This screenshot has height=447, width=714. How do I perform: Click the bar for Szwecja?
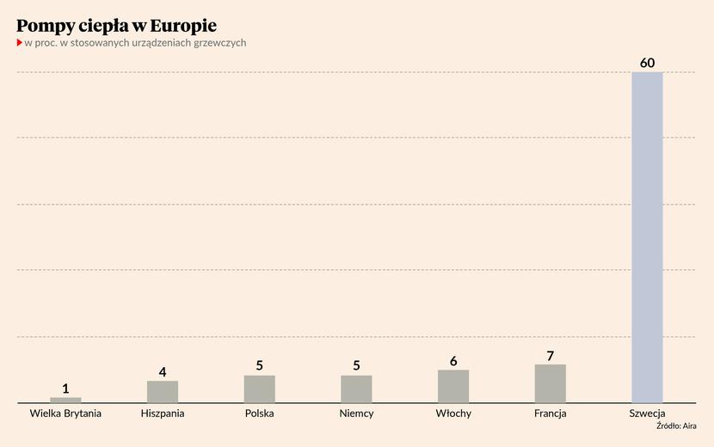coord(647,236)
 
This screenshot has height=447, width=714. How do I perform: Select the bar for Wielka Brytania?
coord(65,400)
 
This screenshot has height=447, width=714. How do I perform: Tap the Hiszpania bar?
coord(163,391)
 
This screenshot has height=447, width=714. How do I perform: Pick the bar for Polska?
coord(259,389)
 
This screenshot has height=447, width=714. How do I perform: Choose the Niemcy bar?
coord(356,389)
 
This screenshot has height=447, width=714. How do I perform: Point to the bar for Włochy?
coord(453,386)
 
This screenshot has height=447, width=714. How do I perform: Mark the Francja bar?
coord(550,383)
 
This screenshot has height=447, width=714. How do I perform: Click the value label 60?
coord(647,63)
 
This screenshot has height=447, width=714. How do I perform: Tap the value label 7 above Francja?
coord(550,355)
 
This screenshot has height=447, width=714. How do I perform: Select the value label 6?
coord(453,361)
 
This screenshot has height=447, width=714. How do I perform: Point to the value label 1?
coord(65,389)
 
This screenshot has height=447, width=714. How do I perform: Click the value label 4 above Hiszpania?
coord(163,372)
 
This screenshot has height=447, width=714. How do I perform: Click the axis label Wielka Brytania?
coord(65,413)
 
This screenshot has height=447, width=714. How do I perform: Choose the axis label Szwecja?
coord(647,413)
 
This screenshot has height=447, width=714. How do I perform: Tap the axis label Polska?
coord(259,413)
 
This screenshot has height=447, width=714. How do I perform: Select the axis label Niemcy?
coord(356,413)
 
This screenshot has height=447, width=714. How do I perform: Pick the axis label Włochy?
coord(453,413)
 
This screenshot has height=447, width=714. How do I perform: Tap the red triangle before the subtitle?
coord(19,42)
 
